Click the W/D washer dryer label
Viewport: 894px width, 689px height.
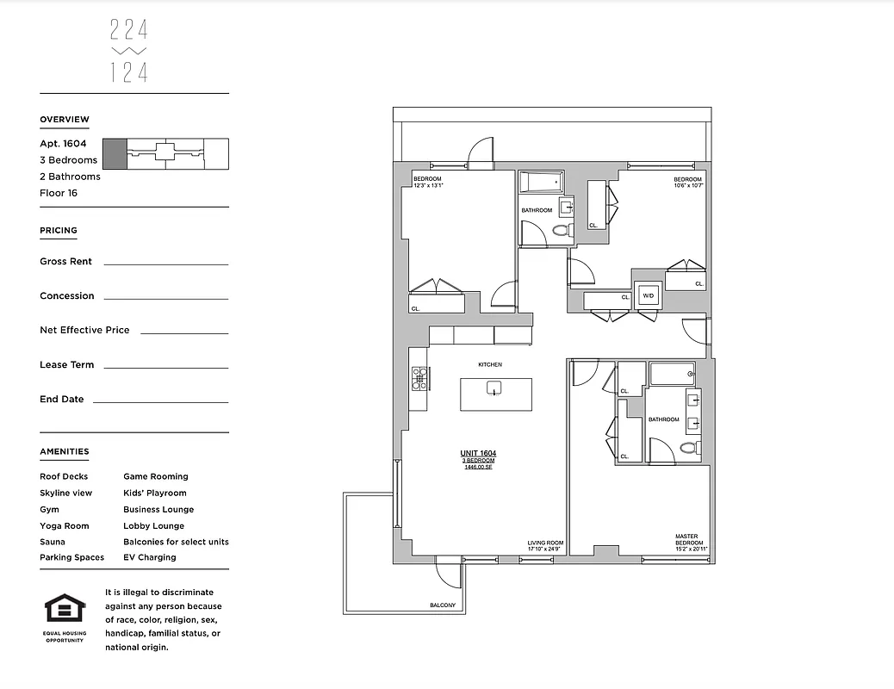[647, 296]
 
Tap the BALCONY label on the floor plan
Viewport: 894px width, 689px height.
[442, 605]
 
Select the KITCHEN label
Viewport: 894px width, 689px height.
[489, 364]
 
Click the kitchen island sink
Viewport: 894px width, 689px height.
[494, 388]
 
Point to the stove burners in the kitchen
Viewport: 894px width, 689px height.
[419, 379]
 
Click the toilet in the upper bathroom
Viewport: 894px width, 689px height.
[562, 231]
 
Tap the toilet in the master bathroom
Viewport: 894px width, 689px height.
[688, 447]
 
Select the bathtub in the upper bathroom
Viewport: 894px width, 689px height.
[541, 182]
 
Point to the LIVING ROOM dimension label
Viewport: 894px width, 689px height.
[543, 546]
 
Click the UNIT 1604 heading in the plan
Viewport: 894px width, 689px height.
[478, 453]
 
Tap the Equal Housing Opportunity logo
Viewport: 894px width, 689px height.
[65, 613]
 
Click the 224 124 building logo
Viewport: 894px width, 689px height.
[129, 52]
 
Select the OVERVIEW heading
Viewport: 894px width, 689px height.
[65, 120]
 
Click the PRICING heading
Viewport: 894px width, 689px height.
[59, 231]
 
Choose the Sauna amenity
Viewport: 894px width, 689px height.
[53, 542]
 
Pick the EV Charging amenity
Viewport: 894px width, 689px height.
[149, 557]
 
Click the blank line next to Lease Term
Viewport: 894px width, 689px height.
[165, 367]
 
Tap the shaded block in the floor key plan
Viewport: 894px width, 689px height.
[114, 153]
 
